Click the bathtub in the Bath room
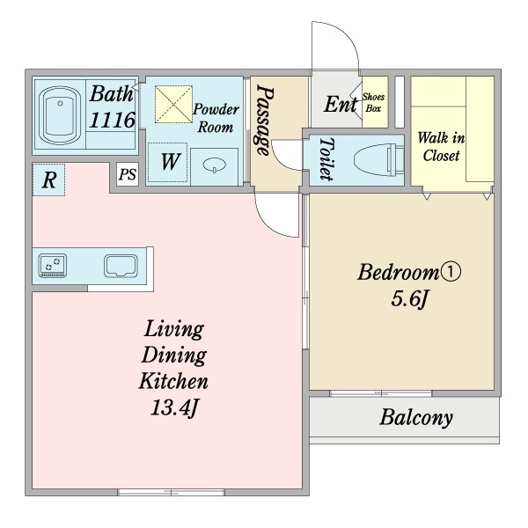60,116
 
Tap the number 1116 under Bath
112,120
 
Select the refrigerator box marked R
48,180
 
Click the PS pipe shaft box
128,174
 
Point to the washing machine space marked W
168,162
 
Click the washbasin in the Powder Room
214,165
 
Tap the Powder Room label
216,118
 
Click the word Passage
265,120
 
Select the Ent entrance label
341,104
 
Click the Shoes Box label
373,102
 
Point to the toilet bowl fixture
378,159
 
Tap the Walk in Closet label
441,147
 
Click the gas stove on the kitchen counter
53,266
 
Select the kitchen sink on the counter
121,266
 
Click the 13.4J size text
173,407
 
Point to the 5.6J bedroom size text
409,298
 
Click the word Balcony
416,418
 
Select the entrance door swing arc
346,33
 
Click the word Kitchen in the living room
173,381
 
